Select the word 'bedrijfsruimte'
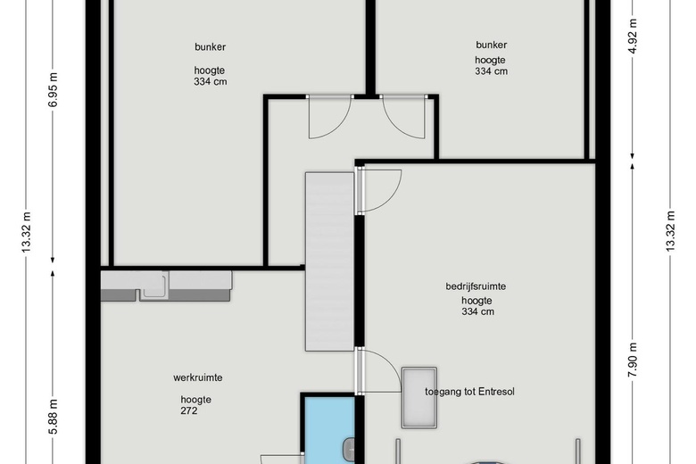click(x=476, y=286)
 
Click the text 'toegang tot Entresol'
click(x=470, y=392)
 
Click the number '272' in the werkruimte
click(x=188, y=411)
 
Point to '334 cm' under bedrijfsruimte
click(x=477, y=312)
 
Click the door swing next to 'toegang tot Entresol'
click(x=378, y=370)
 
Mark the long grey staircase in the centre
click(x=329, y=261)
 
